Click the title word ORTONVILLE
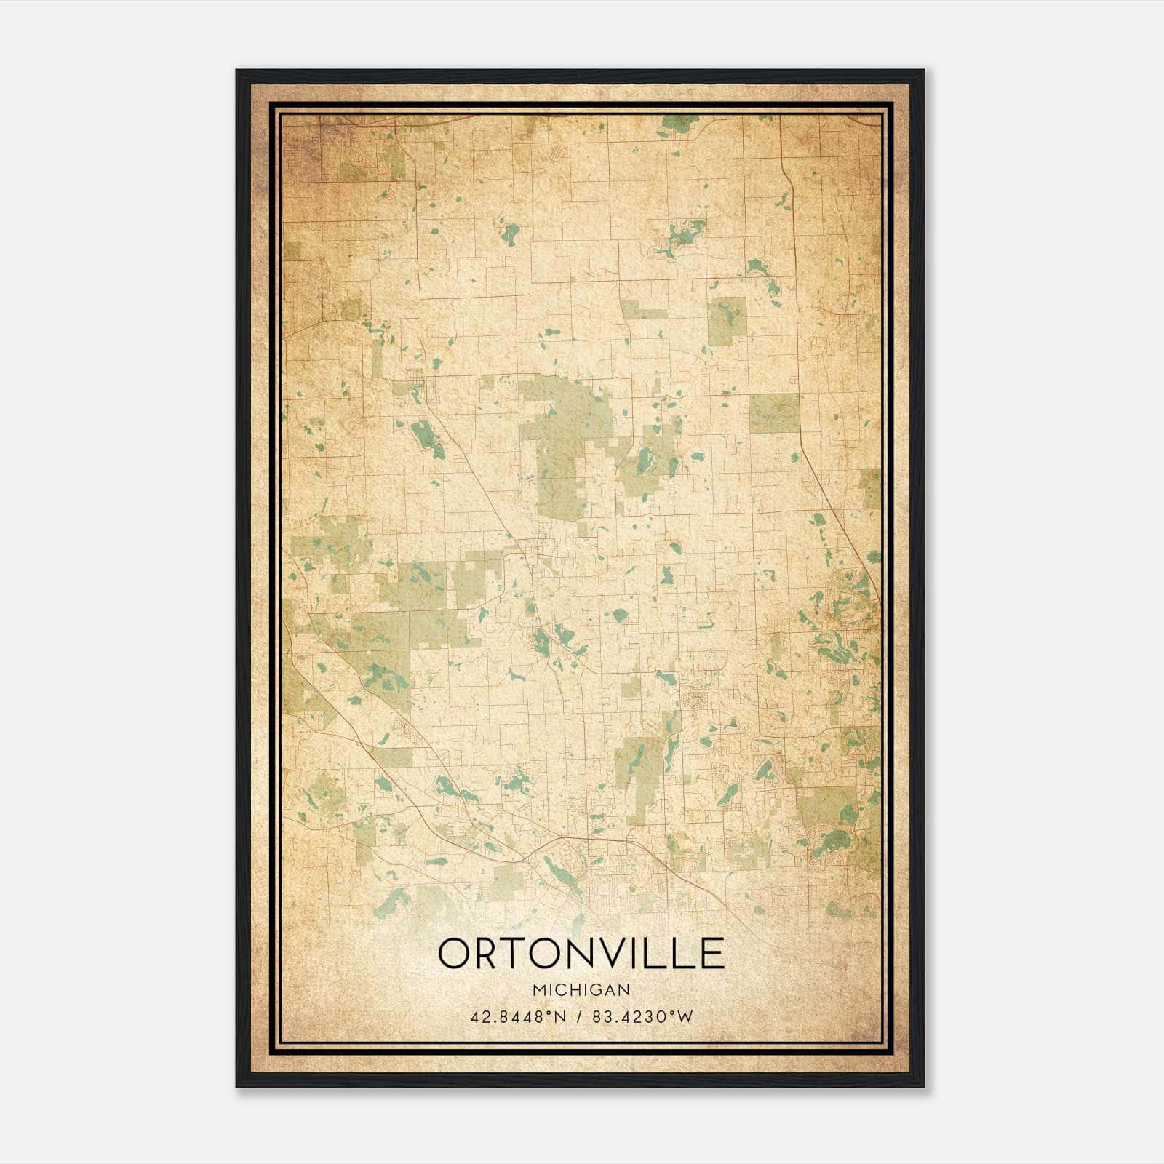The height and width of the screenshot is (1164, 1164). pos(581,953)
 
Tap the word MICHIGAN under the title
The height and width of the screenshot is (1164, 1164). pos(581,990)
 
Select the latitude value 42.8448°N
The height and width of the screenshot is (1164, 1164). pos(518,1017)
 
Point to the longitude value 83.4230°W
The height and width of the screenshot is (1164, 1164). pos(643,1017)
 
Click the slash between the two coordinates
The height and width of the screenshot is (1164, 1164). pos(579,1017)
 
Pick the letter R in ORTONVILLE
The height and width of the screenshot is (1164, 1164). pos(490,953)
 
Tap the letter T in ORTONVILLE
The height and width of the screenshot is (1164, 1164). pos(518,953)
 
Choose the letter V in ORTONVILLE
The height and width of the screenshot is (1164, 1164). pos(618,953)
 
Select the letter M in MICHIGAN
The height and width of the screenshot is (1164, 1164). pos(539,990)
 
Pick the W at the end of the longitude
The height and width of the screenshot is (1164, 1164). pos(686,1017)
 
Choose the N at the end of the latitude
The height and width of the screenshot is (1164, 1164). pos(560,1017)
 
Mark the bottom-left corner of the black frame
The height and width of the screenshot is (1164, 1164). pos(237,1086)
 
